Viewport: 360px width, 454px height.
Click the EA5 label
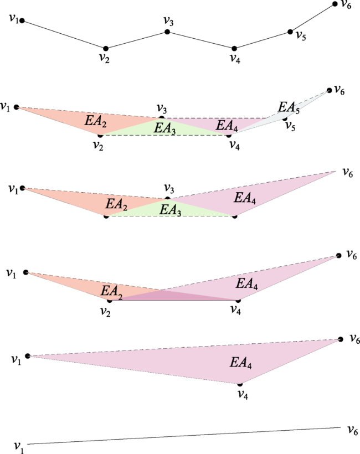click(x=289, y=108)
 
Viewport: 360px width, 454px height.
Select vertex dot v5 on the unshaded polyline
click(x=290, y=32)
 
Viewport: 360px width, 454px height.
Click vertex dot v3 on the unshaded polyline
click(x=167, y=32)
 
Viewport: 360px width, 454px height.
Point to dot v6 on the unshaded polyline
click(x=335, y=4)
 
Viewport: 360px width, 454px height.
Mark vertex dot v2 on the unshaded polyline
click(x=106, y=48)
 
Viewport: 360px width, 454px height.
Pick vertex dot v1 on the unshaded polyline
click(x=22, y=21)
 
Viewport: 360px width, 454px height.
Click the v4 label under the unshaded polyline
click(x=235, y=59)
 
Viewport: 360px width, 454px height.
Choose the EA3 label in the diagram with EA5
click(x=164, y=128)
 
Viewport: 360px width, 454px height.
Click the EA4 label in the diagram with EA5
click(x=227, y=126)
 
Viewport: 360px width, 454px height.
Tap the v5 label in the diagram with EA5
click(x=290, y=126)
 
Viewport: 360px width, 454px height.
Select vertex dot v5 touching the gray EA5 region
click(x=285, y=118)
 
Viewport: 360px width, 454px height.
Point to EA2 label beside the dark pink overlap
click(x=111, y=292)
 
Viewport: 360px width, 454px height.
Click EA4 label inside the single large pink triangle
click(x=241, y=363)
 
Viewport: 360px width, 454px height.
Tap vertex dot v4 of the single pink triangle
click(x=240, y=384)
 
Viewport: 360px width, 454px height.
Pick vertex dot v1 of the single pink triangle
click(x=28, y=356)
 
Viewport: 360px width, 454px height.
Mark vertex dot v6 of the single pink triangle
click(x=341, y=339)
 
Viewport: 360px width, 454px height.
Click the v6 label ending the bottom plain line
click(x=353, y=431)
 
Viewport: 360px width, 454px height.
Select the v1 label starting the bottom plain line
click(x=19, y=447)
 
